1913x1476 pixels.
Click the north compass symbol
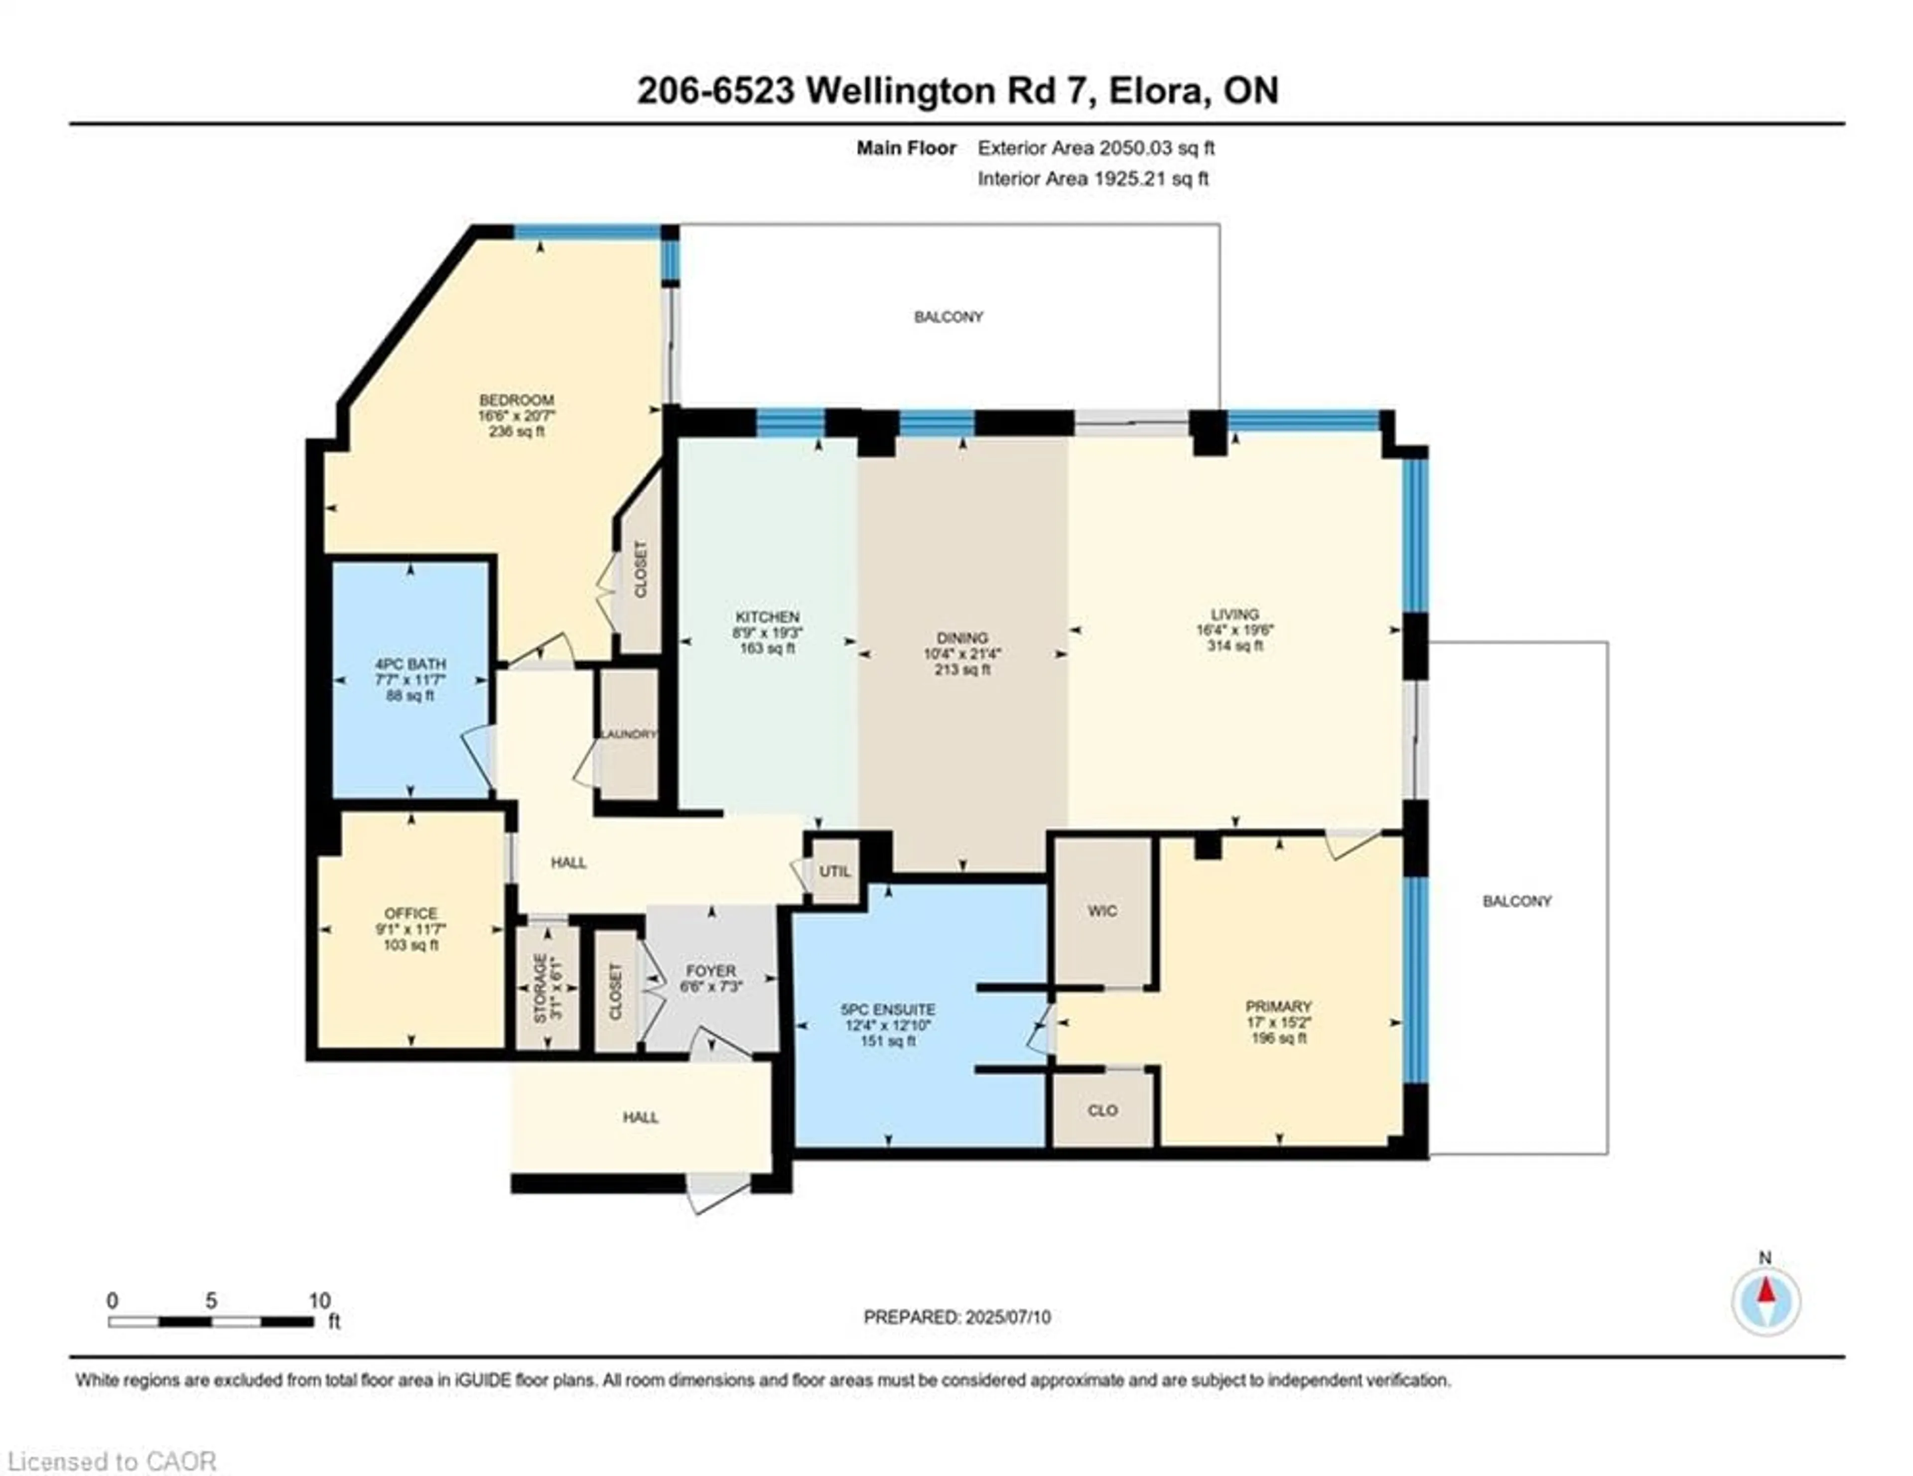click(x=1766, y=1302)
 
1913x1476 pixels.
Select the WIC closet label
click(x=1102, y=910)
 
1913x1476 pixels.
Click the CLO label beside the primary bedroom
click(x=1102, y=1110)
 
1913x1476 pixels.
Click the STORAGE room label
click(x=541, y=987)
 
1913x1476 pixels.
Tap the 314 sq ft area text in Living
click(x=1235, y=645)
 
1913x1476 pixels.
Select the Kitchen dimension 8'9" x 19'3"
click(x=767, y=632)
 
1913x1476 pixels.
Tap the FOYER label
click(x=710, y=971)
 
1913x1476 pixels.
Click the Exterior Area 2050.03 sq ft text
click(x=1096, y=148)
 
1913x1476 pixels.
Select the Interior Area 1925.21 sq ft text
click(x=1093, y=179)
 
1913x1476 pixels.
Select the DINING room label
click(x=962, y=638)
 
